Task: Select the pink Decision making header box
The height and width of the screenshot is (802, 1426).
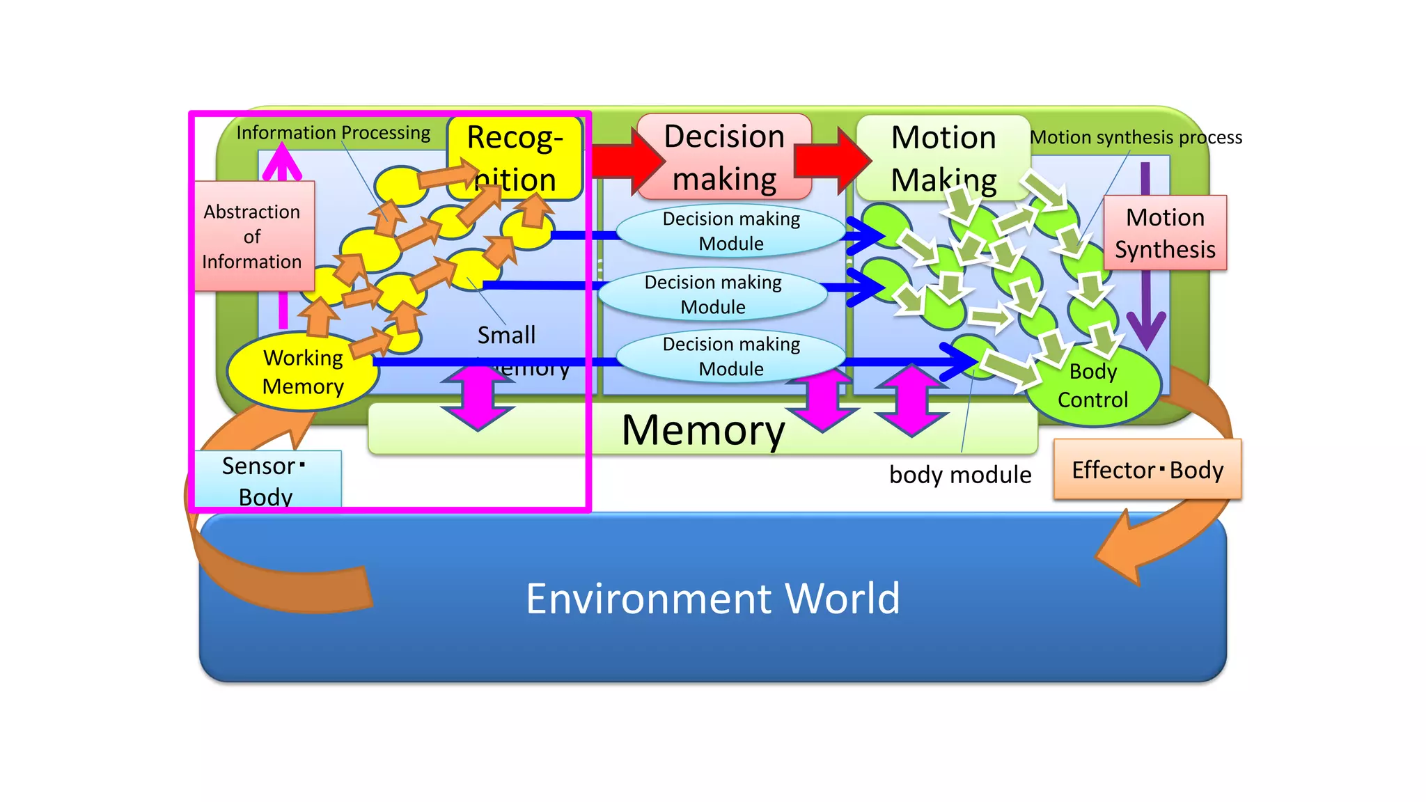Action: (724, 157)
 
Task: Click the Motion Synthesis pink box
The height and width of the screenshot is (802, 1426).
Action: (1165, 233)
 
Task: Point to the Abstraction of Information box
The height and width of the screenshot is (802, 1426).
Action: (252, 237)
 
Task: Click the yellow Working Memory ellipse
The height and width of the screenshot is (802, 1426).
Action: (303, 372)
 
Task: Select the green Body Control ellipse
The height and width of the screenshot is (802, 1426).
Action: (1092, 386)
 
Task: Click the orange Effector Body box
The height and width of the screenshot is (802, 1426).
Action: (1147, 470)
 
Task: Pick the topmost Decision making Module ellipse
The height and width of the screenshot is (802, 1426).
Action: (731, 231)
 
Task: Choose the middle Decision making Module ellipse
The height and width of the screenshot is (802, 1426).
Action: (712, 294)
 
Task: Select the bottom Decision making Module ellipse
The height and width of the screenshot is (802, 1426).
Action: (731, 356)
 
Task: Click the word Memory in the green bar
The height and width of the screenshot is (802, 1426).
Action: (703, 430)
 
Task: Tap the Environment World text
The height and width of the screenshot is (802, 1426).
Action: (712, 598)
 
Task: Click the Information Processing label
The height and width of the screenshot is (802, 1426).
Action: (333, 132)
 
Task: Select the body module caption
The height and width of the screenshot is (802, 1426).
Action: (960, 475)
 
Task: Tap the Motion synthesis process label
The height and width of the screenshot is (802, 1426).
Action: (1136, 137)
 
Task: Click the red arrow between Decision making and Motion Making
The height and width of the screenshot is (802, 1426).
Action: (832, 160)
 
